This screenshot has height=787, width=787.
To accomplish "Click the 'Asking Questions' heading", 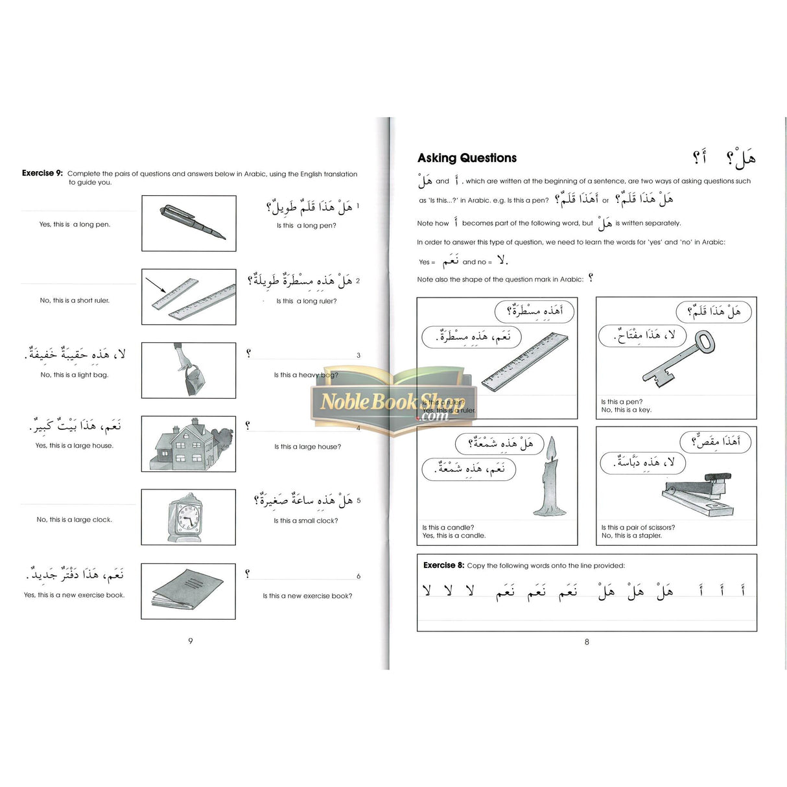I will pos(467,158).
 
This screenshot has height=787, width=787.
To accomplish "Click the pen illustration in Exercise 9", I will pos(193,222).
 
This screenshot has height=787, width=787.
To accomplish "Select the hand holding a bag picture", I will pos(187,371).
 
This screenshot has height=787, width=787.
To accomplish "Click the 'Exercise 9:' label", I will pos(42,173).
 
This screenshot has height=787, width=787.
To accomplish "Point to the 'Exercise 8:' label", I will pos(443,565).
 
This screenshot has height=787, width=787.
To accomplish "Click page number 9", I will pos(191,641).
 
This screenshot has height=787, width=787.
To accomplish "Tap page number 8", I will pos(587,642).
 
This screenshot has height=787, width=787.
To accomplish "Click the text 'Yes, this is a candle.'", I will pos(454,535).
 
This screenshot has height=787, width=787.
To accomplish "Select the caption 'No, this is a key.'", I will pos(626,410).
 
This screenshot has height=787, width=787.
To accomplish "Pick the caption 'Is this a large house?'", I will pos(307,447).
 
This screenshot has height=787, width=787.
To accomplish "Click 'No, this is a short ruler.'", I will pos(75,301).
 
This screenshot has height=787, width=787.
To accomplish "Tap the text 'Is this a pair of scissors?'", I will pos(638,528).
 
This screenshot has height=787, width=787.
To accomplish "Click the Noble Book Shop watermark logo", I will pos(393,402).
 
